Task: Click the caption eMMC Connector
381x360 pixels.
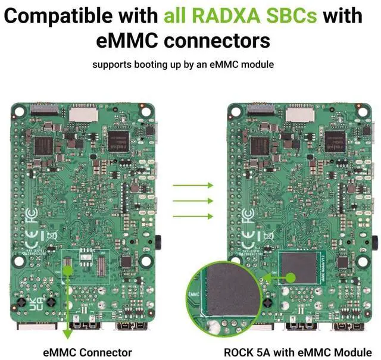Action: [x=88, y=351]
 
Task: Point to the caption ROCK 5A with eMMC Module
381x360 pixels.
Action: [x=302, y=351]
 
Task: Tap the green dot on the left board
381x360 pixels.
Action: [x=68, y=270]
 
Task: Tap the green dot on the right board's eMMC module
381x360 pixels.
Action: [x=292, y=277]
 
